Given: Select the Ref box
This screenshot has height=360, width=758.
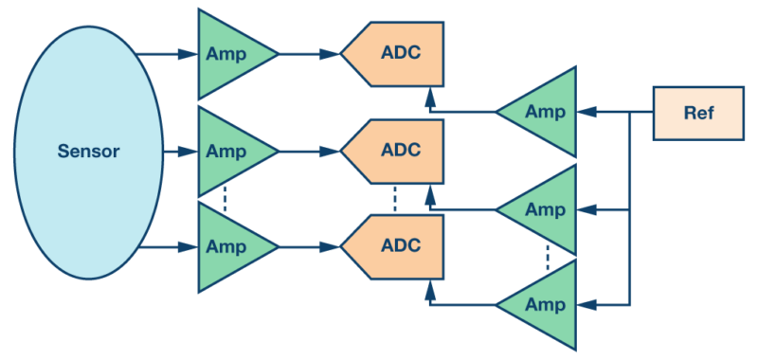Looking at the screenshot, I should [698, 113].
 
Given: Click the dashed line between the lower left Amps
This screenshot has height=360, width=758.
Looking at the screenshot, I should [225, 198].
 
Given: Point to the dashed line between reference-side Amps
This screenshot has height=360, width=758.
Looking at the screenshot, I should [548, 257].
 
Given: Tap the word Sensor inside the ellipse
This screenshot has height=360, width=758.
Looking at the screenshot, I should [88, 152].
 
